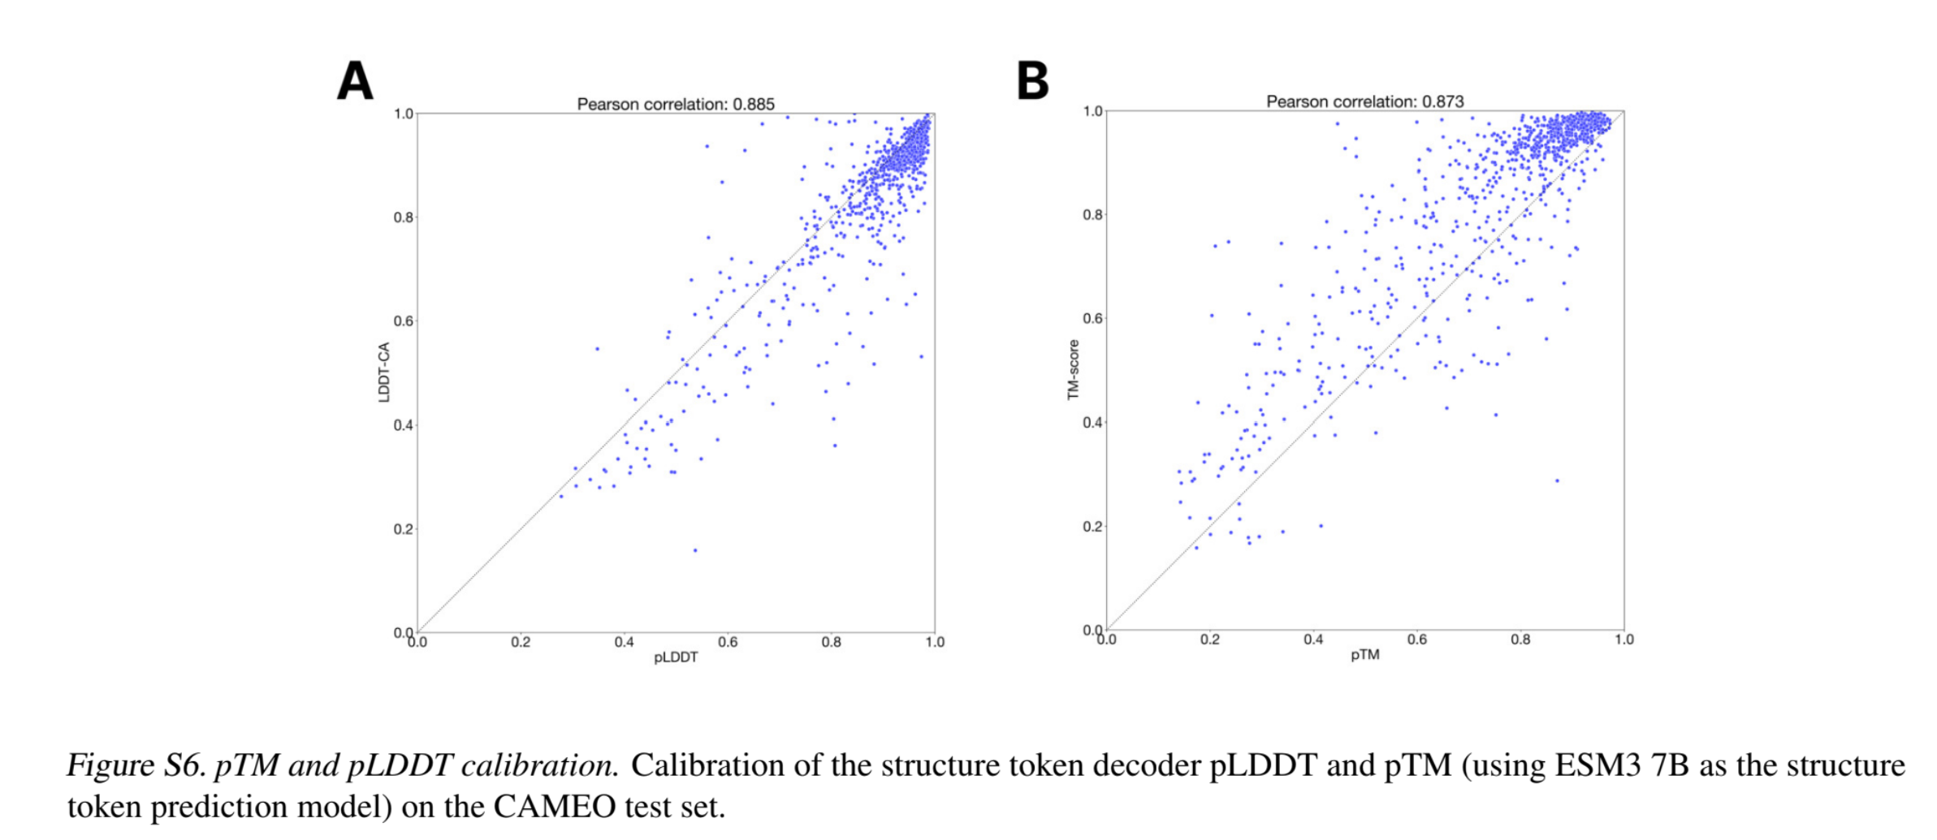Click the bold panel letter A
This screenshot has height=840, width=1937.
(355, 81)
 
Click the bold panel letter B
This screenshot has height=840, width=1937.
(1032, 81)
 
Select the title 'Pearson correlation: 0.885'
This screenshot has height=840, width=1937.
(676, 104)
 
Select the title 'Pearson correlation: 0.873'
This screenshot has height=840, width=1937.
(1364, 101)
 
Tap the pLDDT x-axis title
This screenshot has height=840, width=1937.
(676, 657)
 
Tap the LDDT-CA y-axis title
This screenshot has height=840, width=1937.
(384, 372)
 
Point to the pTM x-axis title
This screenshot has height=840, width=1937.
(1364, 655)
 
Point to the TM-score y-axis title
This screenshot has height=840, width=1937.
(1073, 369)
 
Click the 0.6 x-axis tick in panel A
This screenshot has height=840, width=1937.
(728, 643)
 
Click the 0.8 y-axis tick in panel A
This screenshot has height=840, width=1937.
(403, 218)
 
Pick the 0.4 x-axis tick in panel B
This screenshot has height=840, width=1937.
(1313, 640)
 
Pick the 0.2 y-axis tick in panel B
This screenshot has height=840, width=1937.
(1092, 527)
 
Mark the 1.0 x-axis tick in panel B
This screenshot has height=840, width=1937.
(1624, 640)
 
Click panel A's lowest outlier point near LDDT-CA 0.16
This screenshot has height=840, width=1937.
(694, 550)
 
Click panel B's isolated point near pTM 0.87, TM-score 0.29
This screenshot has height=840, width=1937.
(1557, 480)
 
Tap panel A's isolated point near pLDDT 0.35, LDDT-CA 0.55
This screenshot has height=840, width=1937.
(597, 349)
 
